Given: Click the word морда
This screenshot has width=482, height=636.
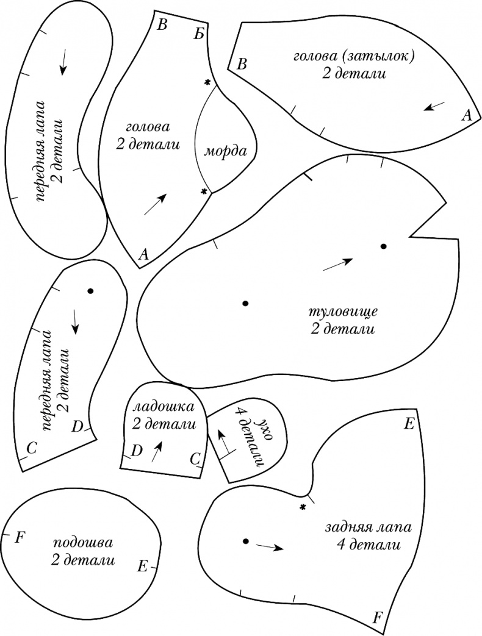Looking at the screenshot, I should point(225,152).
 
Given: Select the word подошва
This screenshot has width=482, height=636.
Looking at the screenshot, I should point(83,542).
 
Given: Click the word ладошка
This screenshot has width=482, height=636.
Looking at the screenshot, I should point(162,406).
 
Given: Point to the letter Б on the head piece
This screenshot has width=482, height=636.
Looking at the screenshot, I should point(198,34).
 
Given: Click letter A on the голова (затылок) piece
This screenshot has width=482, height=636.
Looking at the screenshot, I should point(467,115).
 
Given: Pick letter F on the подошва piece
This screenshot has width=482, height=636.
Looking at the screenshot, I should point(20,537).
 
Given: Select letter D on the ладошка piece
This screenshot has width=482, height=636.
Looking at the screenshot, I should point(137,451).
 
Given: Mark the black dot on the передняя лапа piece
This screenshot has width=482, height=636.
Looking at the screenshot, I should point(90,291).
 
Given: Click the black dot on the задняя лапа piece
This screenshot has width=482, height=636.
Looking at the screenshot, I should point(245,541).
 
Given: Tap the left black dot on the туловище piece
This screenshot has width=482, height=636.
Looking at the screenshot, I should point(245,303).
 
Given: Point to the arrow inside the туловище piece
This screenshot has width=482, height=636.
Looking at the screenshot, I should point(337,263).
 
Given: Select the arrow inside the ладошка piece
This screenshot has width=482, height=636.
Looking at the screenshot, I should point(157,452).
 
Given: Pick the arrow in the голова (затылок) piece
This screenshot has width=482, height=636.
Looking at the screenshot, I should point(434,106).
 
